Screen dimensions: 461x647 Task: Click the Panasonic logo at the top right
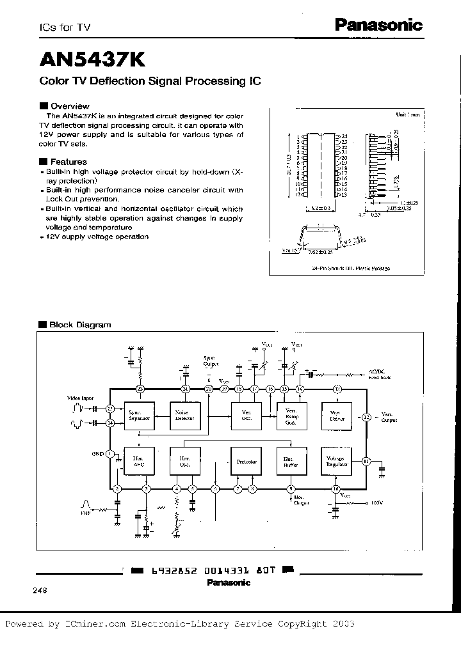[x=378, y=25]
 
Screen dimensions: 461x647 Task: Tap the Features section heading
[x=68, y=162]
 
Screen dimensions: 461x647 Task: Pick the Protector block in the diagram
[x=246, y=460]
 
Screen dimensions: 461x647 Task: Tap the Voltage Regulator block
[x=337, y=461]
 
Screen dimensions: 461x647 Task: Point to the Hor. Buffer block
[x=291, y=460]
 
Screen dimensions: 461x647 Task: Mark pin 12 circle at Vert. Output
[x=366, y=417]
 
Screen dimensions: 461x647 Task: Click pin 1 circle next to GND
[x=109, y=454]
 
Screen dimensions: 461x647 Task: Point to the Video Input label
[x=79, y=397]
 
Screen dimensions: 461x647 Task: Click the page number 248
[x=39, y=591]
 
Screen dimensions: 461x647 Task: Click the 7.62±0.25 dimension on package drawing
[x=322, y=253]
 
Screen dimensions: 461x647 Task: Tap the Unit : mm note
[x=407, y=114]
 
